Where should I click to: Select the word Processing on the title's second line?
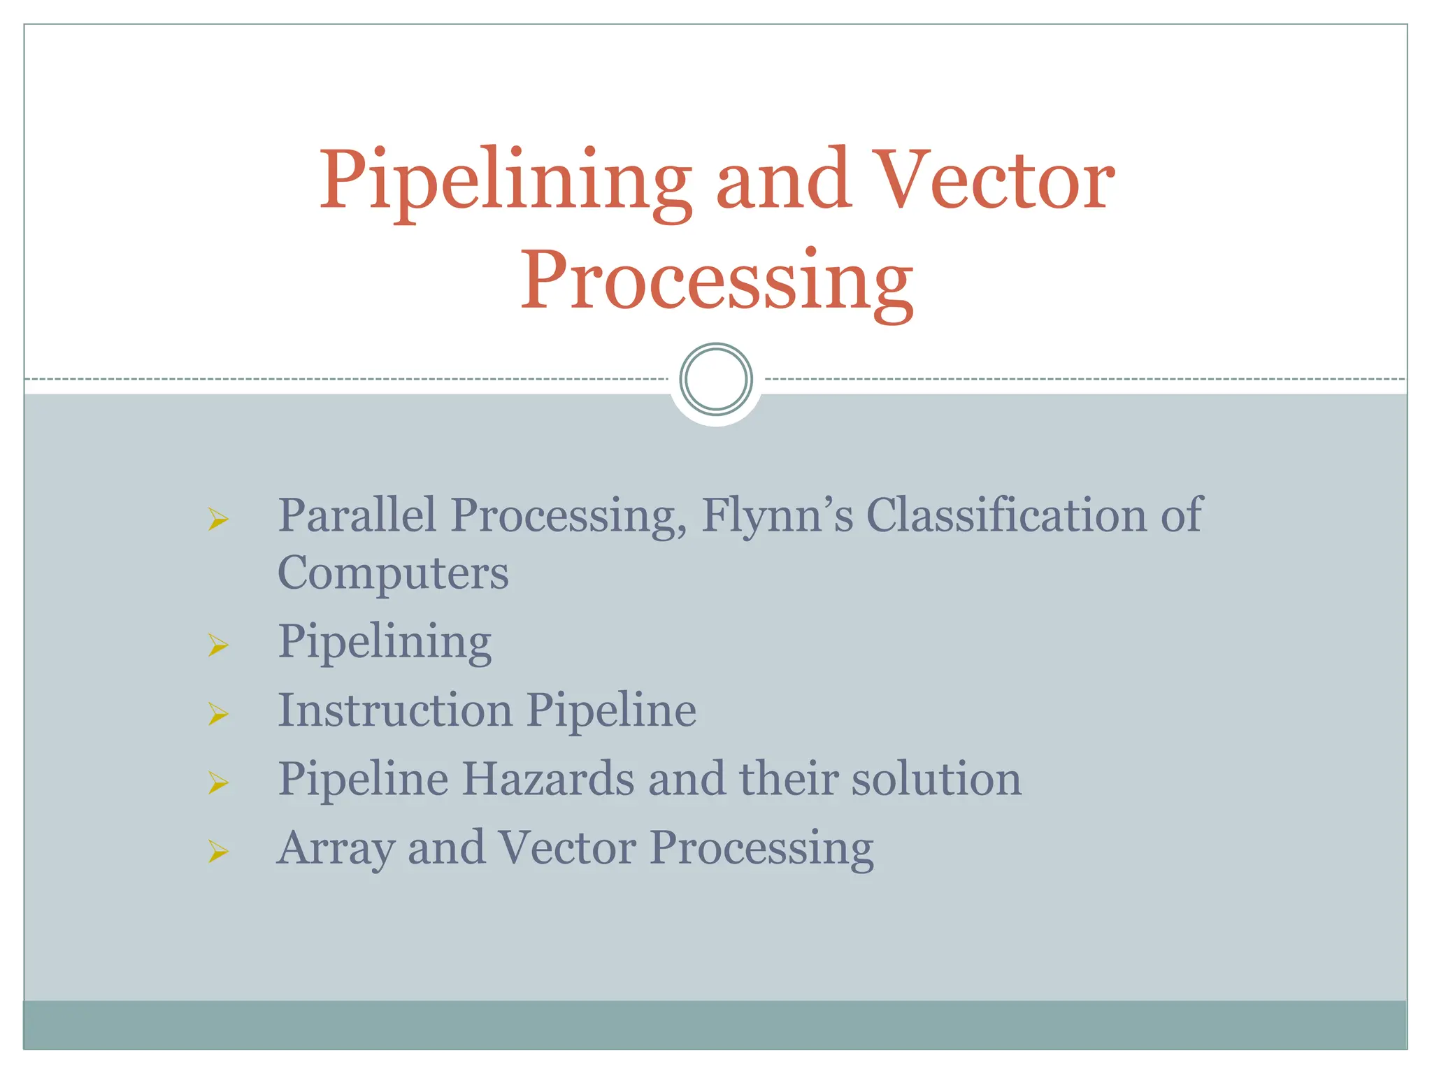point(716,281)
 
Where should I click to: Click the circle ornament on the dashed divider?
point(716,379)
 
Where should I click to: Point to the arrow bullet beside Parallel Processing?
point(218,519)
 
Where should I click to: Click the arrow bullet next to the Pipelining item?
point(218,645)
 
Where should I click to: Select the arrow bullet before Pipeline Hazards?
point(218,782)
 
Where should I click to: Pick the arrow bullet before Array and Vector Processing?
point(218,851)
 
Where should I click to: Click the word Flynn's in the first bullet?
point(777,516)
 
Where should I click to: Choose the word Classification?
point(1006,516)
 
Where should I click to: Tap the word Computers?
point(393,573)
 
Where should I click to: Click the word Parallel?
point(357,516)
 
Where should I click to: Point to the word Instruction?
point(395,710)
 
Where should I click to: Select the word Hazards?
point(547,779)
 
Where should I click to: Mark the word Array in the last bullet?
point(336,849)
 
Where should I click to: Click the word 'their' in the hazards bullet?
point(789,779)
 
